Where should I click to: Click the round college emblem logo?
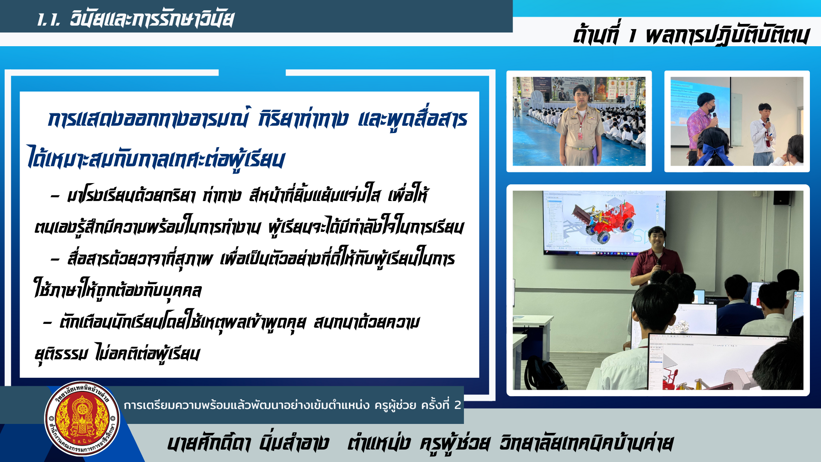(82, 419)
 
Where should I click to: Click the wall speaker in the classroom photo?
(782, 198)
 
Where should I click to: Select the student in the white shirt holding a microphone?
(763, 135)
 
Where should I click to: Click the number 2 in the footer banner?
(458, 405)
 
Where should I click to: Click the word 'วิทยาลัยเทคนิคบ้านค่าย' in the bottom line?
(586, 443)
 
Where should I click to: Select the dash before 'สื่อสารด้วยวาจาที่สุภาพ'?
(55, 260)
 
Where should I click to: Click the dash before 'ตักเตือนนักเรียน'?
(47, 323)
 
